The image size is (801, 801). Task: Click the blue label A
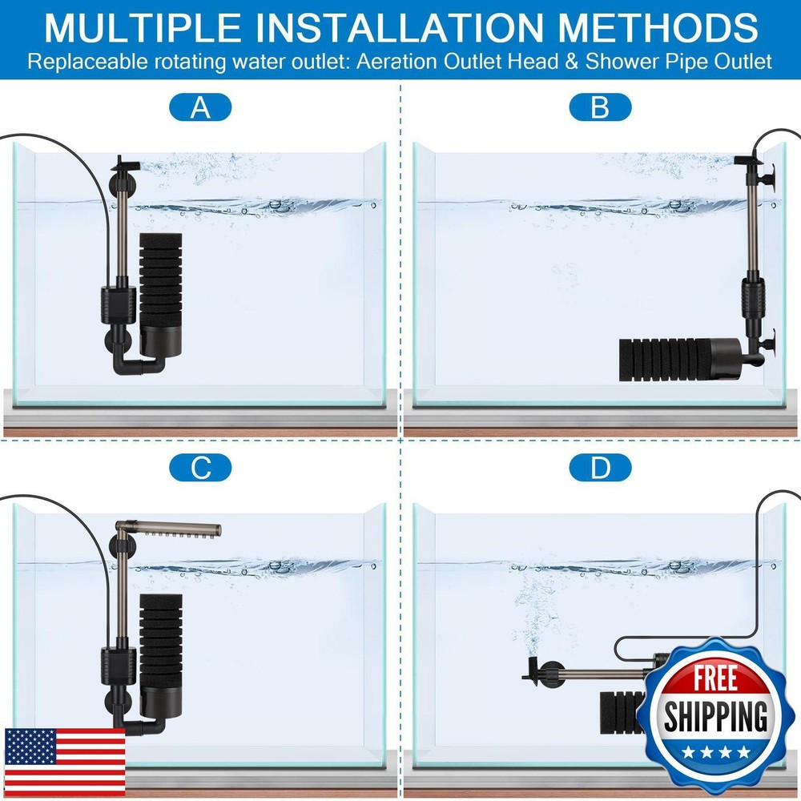[200, 107]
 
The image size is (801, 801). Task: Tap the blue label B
[600, 107]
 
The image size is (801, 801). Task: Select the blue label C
[200, 468]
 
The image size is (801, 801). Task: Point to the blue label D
[600, 468]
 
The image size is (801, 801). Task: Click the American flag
[65, 761]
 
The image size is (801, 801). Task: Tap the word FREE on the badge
[714, 676]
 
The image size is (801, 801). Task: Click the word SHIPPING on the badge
[714, 715]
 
